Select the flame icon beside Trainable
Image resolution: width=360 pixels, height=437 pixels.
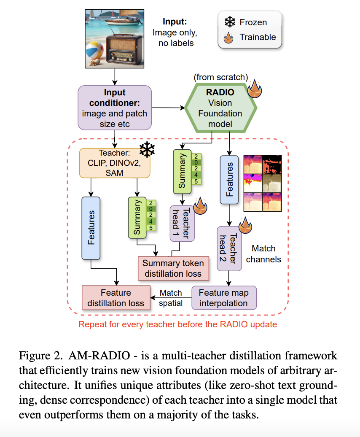coord(229,38)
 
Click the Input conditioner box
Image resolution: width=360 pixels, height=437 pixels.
coord(115,107)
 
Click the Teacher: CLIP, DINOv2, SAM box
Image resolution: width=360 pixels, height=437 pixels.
coord(115,163)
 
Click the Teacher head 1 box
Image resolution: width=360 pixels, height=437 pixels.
coord(182,223)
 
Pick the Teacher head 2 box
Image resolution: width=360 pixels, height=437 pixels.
coord(229,248)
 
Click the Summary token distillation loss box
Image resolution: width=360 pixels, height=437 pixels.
coord(173,268)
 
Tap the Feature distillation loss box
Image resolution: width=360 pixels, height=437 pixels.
coord(116,297)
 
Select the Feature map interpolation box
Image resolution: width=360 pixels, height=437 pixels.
coord(224,297)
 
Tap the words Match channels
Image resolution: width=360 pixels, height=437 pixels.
coord(263,254)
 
